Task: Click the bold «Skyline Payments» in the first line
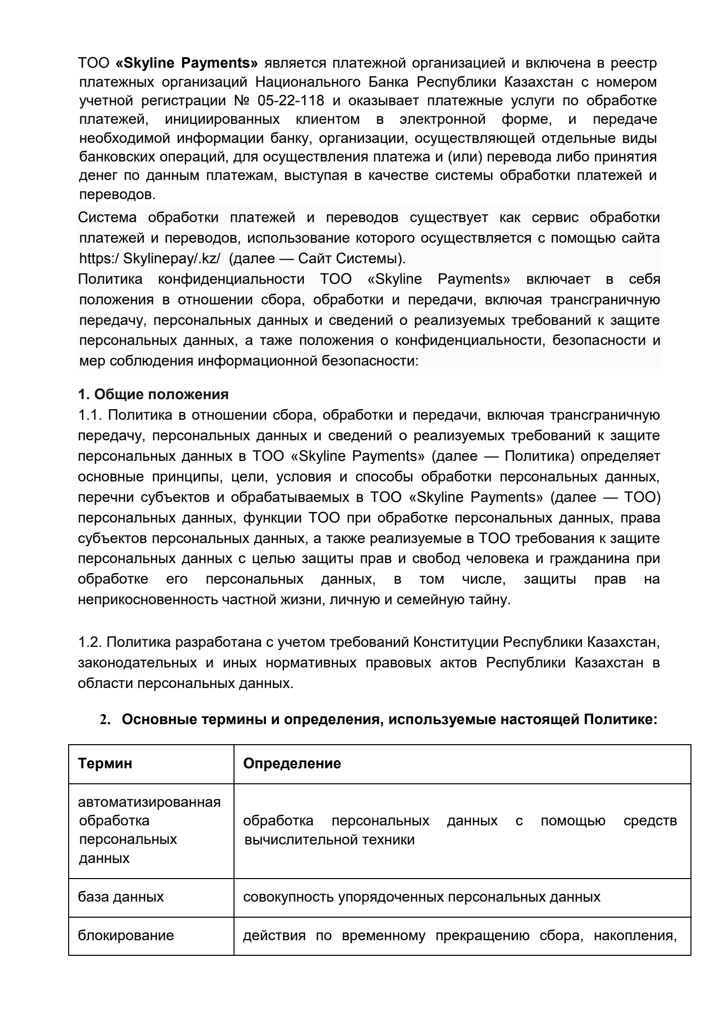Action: point(186,64)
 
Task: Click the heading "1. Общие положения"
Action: point(153,394)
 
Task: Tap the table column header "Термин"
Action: point(106,764)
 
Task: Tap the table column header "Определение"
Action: point(292,764)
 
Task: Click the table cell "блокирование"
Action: point(126,935)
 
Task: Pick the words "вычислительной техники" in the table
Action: point(329,839)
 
